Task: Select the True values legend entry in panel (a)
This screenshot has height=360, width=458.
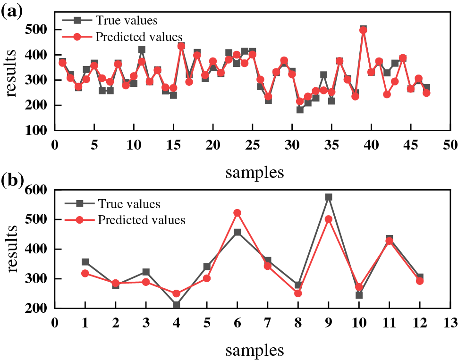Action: coord(126,20)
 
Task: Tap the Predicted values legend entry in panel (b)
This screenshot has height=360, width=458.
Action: coord(141,219)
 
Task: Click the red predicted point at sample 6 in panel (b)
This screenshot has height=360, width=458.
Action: coord(237,213)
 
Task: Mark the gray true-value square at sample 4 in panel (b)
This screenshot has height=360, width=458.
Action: coord(177,305)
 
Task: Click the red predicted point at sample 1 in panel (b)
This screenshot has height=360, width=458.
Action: coord(85,273)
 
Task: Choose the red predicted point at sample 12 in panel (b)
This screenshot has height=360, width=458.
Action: coord(420,281)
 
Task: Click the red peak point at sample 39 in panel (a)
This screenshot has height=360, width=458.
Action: coord(363,30)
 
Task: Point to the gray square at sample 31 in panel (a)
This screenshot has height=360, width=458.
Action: coord(300,109)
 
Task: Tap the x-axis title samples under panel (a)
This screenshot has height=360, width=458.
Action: coord(254,172)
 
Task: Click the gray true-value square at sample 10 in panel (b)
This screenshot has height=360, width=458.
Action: coord(359,295)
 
